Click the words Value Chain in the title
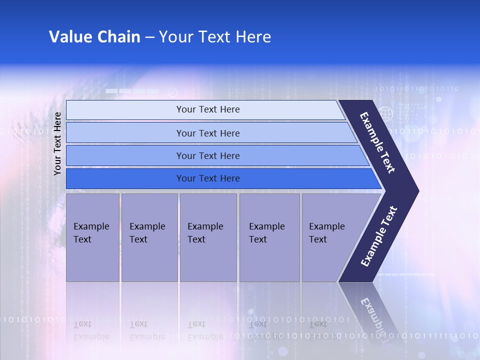(x=94, y=37)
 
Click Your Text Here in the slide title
(x=215, y=37)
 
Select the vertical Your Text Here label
(x=57, y=144)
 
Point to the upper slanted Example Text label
(x=377, y=142)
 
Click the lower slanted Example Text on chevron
(x=378, y=236)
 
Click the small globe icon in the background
(x=385, y=114)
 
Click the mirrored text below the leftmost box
(x=91, y=330)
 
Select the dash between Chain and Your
(x=149, y=37)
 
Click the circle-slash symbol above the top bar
(x=173, y=92)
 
